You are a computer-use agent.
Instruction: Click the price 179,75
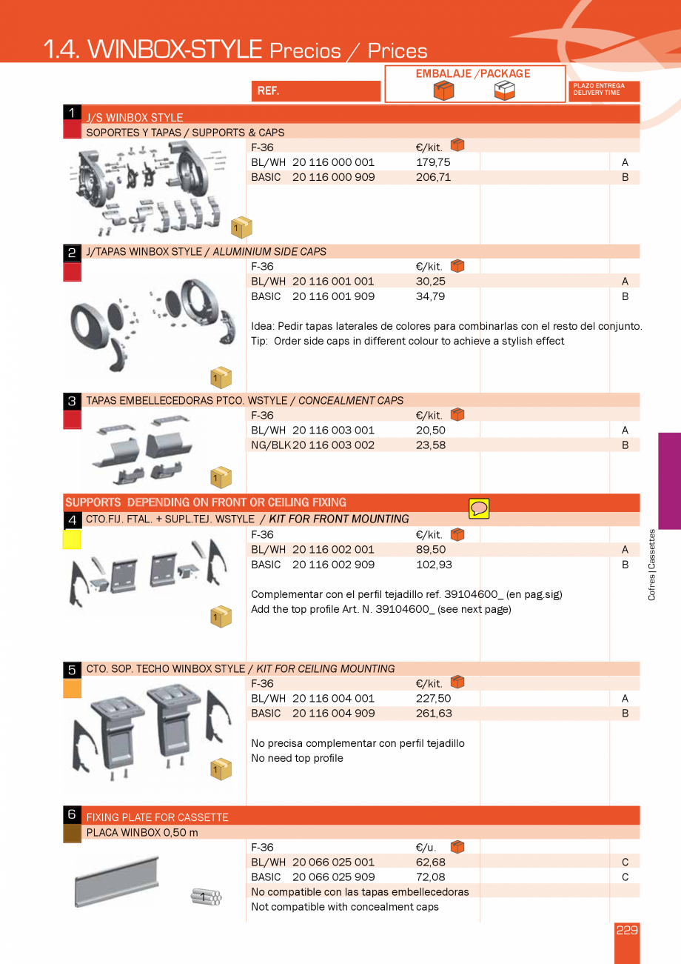click(x=433, y=162)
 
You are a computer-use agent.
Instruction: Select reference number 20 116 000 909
click(x=333, y=177)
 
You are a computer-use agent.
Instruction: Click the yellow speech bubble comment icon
click(x=479, y=508)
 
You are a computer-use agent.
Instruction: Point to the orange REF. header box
click(x=316, y=91)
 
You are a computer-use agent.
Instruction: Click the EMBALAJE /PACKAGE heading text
click(x=472, y=73)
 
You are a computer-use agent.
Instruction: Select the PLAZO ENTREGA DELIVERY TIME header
click(x=604, y=90)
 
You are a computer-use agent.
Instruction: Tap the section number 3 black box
click(x=72, y=401)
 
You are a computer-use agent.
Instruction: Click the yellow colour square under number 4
click(x=72, y=539)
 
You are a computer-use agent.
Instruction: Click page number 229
click(x=626, y=931)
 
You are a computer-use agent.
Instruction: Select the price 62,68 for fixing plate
click(x=431, y=862)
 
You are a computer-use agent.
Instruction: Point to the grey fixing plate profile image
click(x=117, y=881)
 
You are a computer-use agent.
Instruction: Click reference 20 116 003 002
click(x=333, y=445)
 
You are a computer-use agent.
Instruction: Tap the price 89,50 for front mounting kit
click(x=431, y=550)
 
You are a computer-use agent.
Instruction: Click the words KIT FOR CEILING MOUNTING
click(x=325, y=668)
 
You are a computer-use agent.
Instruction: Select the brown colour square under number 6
click(x=72, y=834)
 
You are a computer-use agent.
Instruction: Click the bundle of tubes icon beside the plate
click(x=206, y=897)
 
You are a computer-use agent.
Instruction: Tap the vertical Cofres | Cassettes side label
click(x=652, y=564)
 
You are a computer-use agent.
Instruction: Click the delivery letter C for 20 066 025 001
click(x=625, y=862)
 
